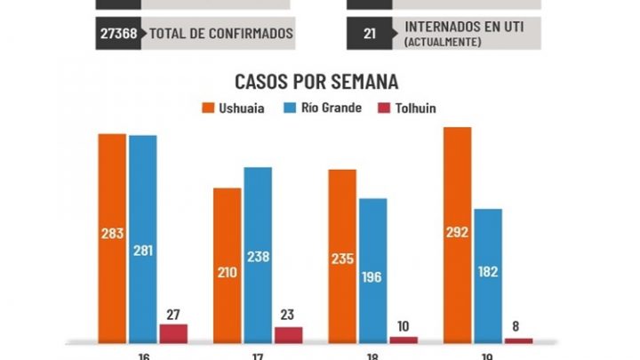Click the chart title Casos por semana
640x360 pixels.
pos(316,82)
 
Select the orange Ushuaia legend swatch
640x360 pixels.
pos(209,108)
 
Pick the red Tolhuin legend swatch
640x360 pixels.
pos(384,108)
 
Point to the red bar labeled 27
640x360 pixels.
pos(173,332)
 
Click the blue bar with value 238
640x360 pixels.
pos(258,254)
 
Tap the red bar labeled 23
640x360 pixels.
pos(288,333)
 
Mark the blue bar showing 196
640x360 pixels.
pos(373,270)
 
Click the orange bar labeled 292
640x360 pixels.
pos(457,235)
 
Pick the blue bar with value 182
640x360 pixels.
pos(488,276)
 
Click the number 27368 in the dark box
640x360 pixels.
pos(118,34)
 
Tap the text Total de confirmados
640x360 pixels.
pos(220,34)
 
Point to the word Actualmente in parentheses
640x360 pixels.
pos(450,42)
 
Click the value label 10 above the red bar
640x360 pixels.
pos(404,326)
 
